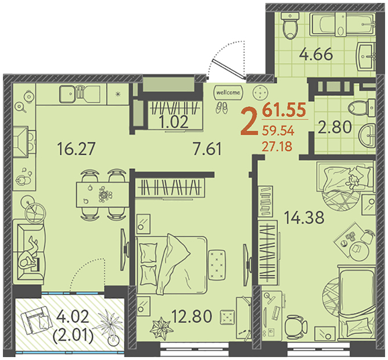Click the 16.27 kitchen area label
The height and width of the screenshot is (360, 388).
76,149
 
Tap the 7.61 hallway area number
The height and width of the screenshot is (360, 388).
207,149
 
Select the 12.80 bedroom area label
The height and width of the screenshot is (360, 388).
192,316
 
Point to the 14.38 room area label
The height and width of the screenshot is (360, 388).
304,218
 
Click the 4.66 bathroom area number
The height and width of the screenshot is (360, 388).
316,55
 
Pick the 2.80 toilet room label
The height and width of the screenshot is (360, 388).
335,127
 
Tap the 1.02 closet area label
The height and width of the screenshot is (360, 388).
174,122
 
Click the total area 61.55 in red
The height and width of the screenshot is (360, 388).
284,110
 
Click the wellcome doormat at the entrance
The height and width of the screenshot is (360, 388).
228,92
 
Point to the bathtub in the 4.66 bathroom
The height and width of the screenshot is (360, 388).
343,24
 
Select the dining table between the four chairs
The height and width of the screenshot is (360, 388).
102,195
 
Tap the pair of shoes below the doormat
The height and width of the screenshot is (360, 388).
221,108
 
